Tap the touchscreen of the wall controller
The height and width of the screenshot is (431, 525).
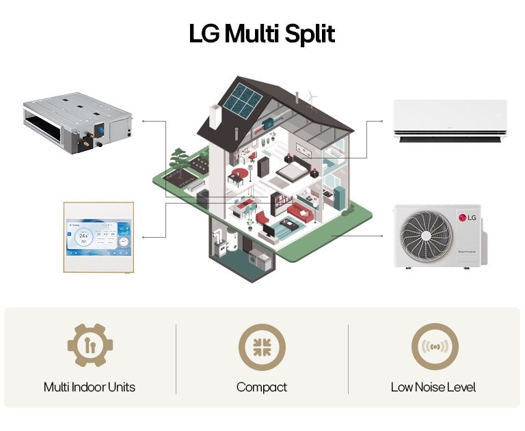[x=98, y=237]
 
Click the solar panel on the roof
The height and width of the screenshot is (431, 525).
[x=241, y=100]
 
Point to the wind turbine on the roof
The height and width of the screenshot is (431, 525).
[x=312, y=98]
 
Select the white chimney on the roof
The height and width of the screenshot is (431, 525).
[x=215, y=117]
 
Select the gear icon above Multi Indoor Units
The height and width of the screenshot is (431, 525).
[x=90, y=346]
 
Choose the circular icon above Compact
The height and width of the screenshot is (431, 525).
[x=262, y=346]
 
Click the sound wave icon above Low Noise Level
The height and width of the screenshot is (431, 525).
[x=434, y=346]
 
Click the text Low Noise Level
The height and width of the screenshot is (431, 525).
[x=433, y=387]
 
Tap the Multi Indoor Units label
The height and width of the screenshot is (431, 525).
[x=90, y=387]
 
